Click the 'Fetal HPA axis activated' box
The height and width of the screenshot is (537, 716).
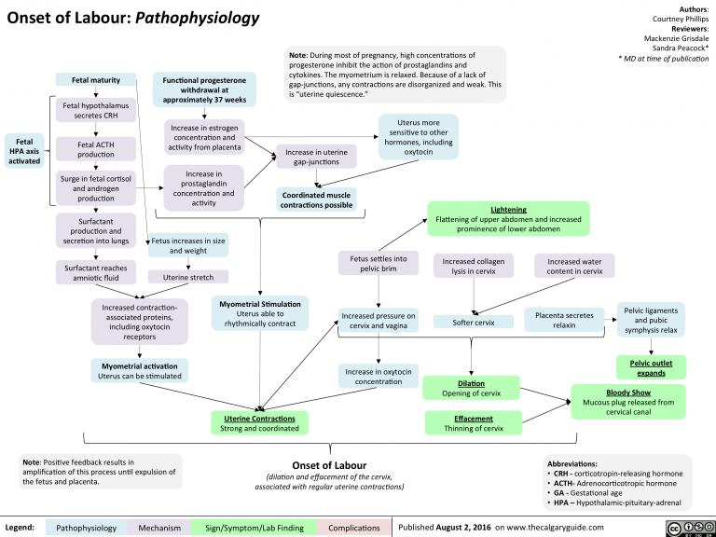pos(22,150)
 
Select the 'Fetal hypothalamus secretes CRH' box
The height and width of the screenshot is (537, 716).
pos(97,111)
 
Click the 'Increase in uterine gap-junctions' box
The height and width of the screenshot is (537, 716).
pos(317,157)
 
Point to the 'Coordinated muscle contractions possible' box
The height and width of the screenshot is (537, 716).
pos(317,199)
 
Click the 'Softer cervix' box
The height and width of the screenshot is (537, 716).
pos(473,323)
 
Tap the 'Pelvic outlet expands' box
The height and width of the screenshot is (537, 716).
pos(651,366)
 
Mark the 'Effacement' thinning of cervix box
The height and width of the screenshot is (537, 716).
pos(474,423)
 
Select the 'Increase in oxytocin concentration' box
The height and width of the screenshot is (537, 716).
pos(379,377)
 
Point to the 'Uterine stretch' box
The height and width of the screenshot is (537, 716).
pos(187,277)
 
